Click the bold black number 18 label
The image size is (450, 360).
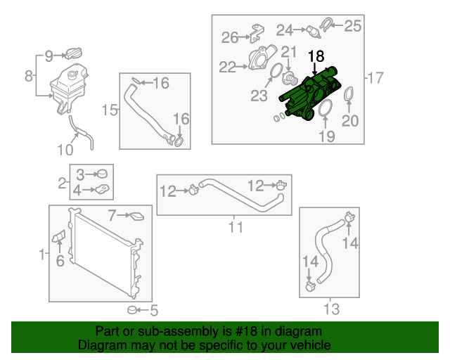(316, 56)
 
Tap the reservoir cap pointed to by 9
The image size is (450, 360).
(73, 53)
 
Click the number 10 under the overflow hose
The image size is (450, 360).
(65, 150)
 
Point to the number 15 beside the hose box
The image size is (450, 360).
(110, 110)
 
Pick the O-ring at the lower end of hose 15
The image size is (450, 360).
(179, 142)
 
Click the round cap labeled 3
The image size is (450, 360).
(102, 174)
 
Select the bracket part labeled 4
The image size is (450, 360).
(103, 189)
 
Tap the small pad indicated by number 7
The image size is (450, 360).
(137, 217)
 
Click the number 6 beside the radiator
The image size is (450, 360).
(60, 261)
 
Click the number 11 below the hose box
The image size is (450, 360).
(236, 227)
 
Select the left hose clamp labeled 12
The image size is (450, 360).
(194, 189)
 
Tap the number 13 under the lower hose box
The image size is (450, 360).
(331, 309)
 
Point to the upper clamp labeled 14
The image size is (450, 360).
(350, 217)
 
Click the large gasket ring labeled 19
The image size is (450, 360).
(326, 108)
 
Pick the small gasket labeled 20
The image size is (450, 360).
(349, 94)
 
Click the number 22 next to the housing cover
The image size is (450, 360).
(227, 67)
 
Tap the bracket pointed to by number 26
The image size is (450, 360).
(257, 34)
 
